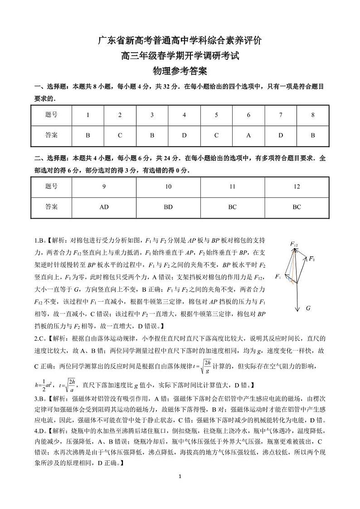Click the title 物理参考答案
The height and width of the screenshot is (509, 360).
(x=180, y=71)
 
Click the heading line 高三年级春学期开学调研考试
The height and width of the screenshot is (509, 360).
(x=180, y=56)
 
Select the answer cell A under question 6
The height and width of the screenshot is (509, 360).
(x=248, y=135)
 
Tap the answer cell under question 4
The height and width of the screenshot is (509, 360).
(x=184, y=135)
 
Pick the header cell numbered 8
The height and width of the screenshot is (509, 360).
(x=313, y=115)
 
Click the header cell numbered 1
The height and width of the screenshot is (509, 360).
(x=88, y=115)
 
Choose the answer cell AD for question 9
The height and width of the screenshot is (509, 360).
(x=104, y=207)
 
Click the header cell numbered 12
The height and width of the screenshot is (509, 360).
(x=297, y=186)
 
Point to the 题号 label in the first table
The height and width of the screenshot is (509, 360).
(x=52, y=115)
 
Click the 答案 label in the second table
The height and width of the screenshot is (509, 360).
(x=52, y=207)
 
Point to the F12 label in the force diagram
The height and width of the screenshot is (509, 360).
(x=294, y=245)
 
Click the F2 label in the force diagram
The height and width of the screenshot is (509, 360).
(x=312, y=259)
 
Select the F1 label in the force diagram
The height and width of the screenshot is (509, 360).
(x=278, y=276)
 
